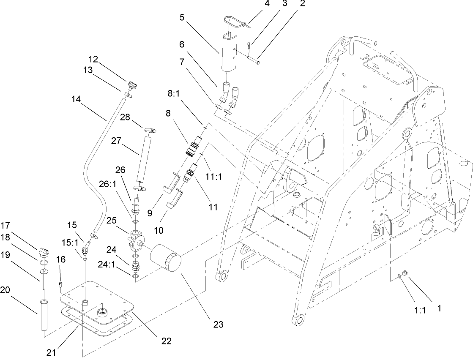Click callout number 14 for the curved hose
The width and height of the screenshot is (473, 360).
pos(76,100)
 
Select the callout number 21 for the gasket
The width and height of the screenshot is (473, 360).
pos(51,351)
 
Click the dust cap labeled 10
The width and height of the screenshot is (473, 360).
pos(175,199)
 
